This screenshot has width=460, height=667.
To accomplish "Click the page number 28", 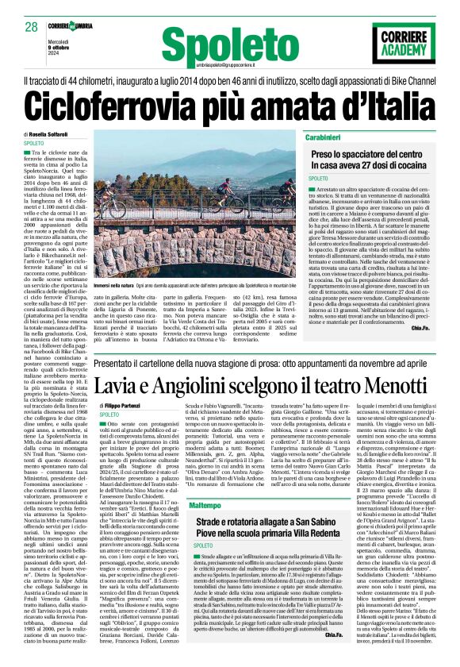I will click(32, 28).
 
